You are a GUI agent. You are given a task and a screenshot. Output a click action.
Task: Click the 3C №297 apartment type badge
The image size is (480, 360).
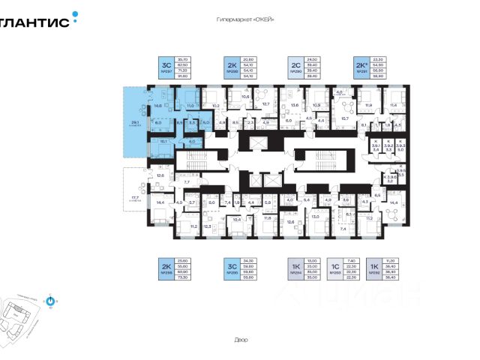point(165,68)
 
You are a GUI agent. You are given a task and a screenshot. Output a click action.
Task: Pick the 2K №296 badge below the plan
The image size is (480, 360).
point(165,268)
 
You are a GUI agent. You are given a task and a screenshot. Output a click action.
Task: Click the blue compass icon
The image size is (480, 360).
point(50,303)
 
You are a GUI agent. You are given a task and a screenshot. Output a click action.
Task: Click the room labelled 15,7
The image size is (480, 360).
point(346,118)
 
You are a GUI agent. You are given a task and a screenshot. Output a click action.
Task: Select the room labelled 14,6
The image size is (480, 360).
point(158,106)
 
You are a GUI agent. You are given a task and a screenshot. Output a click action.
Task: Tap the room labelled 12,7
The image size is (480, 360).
point(265,104)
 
